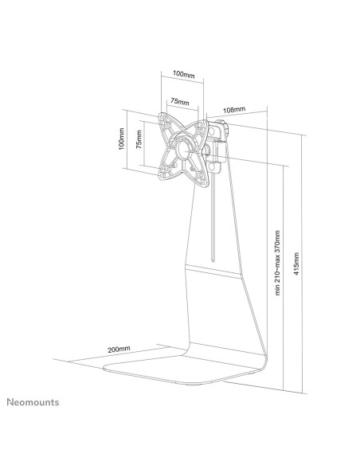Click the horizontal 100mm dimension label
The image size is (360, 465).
click(x=184, y=74)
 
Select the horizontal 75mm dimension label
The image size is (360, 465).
click(x=180, y=101)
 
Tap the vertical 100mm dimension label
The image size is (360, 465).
click(x=121, y=139)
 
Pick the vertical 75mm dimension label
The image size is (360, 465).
click(x=139, y=139)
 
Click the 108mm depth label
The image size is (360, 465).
click(x=234, y=110)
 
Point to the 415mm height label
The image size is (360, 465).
click(x=296, y=264)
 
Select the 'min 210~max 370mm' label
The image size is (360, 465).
click(x=277, y=263)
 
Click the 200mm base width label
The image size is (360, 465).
click(x=119, y=349)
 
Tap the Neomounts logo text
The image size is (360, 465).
click(x=33, y=402)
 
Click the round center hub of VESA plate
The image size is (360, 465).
click(x=184, y=148)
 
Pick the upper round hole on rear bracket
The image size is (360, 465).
click(x=213, y=131)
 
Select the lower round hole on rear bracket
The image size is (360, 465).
click(x=213, y=166)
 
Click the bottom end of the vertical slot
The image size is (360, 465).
click(x=213, y=261)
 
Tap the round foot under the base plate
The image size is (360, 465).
click(x=194, y=385)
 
